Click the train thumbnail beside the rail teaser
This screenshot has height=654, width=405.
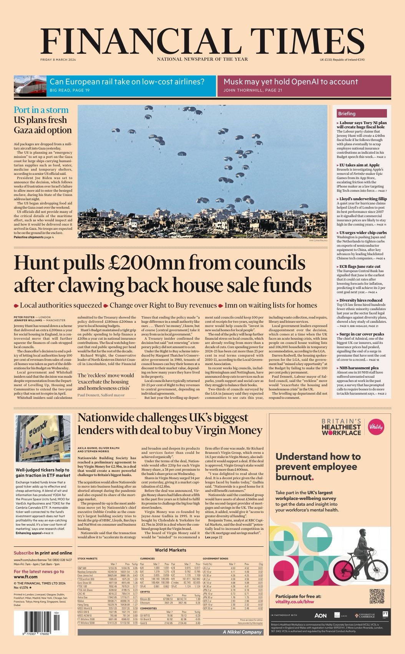point(30,86)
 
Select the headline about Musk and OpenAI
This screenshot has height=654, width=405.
point(290,81)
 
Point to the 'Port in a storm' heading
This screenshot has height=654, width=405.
point(41,110)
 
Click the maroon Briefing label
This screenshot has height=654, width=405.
point(347,113)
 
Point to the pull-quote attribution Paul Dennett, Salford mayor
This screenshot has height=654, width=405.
point(101,395)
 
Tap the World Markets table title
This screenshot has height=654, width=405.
point(170,550)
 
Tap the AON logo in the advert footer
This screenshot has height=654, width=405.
point(320,615)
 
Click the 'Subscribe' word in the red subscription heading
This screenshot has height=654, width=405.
point(24,553)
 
